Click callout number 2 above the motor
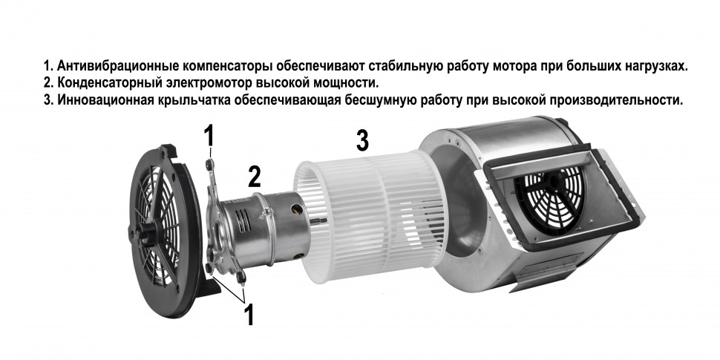(255, 177)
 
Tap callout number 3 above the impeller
(362, 140)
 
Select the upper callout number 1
(209, 136)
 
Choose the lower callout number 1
(249, 315)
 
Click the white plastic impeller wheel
(367, 212)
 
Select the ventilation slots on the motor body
(244, 220)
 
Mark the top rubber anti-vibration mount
(209, 164)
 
